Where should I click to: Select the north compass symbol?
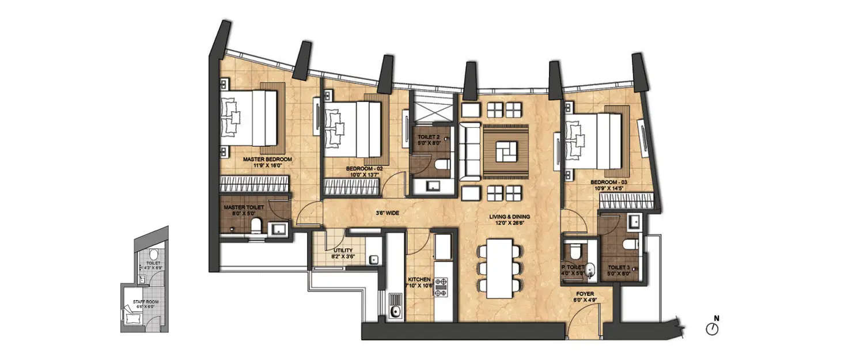point(713,328)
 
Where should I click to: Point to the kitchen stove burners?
point(441,287)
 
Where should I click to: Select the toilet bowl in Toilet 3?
point(632,245)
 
